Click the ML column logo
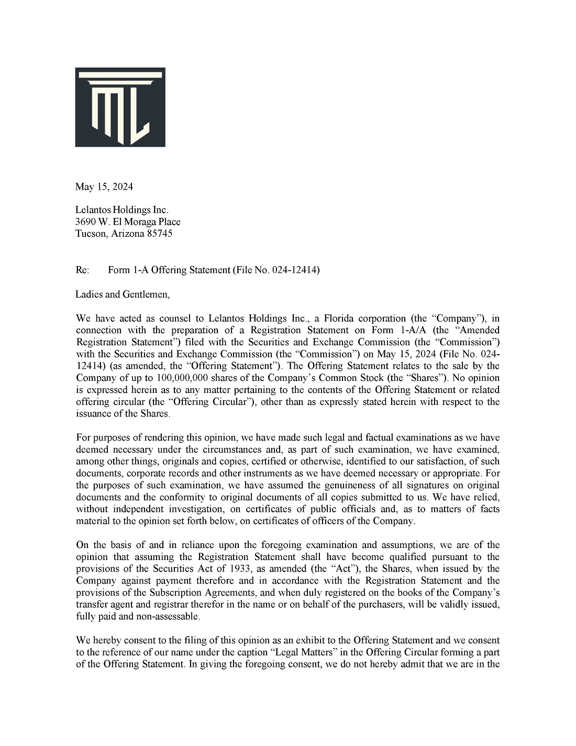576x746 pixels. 120,107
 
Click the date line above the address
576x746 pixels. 104,187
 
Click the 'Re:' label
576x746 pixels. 83,270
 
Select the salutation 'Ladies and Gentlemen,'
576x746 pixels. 123,294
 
